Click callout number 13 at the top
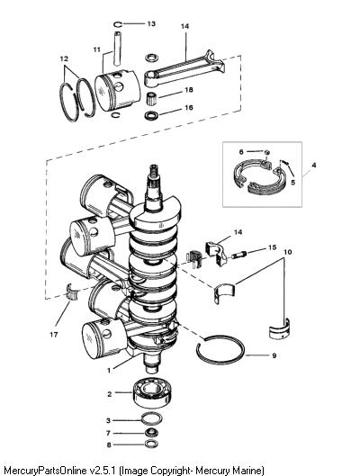[x=151, y=23]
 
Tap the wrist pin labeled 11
[x=119, y=48]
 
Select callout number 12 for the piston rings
[x=64, y=58]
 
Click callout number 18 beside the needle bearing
[x=189, y=90]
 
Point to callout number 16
[x=189, y=107]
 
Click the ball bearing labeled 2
[x=152, y=393]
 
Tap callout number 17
[x=54, y=335]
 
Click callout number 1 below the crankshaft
[x=109, y=371]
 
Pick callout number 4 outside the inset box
[x=314, y=166]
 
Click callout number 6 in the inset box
[x=241, y=152]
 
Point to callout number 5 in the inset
[x=292, y=182]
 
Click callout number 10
[x=288, y=252]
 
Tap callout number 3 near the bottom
[x=108, y=420]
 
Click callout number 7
[x=108, y=433]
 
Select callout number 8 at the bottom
[x=108, y=445]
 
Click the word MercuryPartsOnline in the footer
[x=45, y=471]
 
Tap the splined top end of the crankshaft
[x=155, y=176]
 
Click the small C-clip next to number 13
[x=118, y=24]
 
